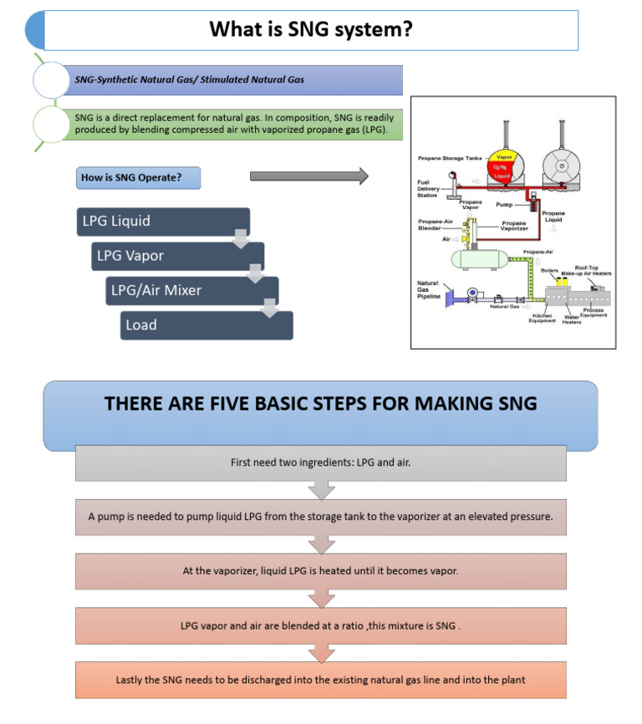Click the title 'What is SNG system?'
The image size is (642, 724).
coord(309,30)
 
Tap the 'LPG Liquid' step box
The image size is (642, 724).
coord(162,222)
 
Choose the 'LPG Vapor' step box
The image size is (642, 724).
coord(177,256)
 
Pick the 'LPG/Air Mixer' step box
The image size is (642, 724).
coord(191,290)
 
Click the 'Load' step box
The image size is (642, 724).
coord(206,325)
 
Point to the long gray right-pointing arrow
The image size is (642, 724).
coord(308,176)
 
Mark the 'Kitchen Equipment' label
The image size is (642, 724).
coord(543,318)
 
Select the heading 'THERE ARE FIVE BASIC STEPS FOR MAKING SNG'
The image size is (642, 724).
coord(320,404)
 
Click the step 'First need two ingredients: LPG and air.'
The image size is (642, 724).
coord(320,462)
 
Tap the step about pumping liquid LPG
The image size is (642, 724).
coord(320,517)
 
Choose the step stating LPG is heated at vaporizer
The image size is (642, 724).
coord(320,571)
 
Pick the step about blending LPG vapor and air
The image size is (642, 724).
coord(320,625)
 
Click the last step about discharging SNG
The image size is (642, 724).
coord(320,680)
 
